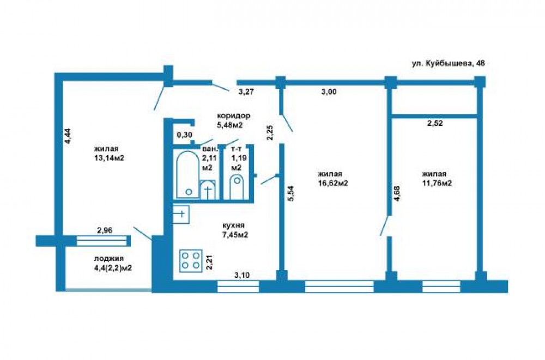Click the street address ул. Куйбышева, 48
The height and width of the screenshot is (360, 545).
tap(448, 63)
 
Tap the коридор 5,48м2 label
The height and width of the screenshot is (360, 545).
tap(233, 120)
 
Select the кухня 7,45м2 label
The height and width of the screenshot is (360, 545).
tap(235, 230)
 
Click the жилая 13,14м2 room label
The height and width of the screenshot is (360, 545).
tap(109, 153)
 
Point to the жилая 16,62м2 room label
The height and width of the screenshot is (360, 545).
tap(333, 179)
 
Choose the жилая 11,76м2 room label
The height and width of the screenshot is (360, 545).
tap(437, 179)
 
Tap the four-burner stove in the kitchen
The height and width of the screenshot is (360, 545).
tap(191, 261)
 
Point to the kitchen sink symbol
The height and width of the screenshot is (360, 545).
tap(181, 214)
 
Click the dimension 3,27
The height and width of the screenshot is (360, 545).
tap(246, 92)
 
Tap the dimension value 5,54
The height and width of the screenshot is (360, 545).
tap(291, 194)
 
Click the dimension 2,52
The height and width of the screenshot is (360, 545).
tap(435, 123)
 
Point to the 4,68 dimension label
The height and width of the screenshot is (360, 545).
tap(397, 193)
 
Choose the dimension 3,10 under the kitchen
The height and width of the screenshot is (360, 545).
tap(242, 276)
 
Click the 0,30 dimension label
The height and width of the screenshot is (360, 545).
tap(185, 135)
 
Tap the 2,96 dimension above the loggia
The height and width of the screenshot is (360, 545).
tap(105, 230)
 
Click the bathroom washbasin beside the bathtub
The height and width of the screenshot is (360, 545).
tap(208, 190)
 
